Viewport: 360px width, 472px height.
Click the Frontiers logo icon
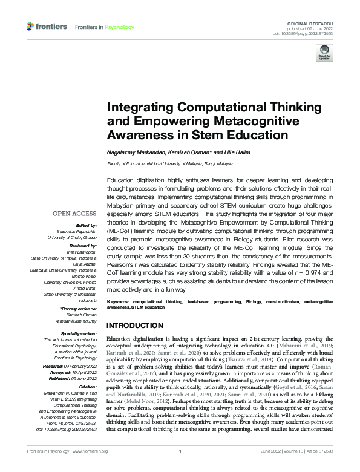tap(30, 27)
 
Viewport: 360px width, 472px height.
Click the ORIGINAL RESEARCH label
tap(314, 21)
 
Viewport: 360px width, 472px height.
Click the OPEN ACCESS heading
tap(74, 214)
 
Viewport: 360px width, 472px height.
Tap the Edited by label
tap(86, 226)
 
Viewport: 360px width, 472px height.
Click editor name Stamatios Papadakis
tap(76, 231)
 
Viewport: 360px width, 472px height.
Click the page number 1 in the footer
tap(180, 468)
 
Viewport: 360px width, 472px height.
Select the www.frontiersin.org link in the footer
tap(90, 468)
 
